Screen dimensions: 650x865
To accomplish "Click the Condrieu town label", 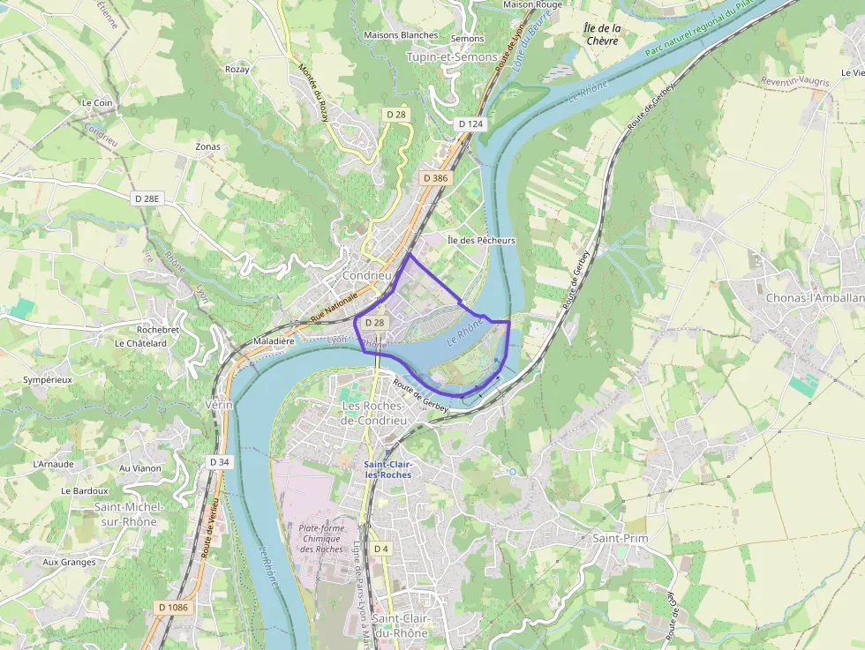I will (365, 275).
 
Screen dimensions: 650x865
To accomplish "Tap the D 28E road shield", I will (147, 198).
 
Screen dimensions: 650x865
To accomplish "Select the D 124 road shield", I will (471, 124).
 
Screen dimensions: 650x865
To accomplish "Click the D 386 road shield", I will (435, 178).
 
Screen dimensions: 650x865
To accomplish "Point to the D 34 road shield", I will (220, 462).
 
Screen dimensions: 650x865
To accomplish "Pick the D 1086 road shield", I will (173, 608).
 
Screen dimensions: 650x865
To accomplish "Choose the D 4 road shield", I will (380, 549).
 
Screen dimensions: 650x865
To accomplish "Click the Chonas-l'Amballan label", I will (815, 298).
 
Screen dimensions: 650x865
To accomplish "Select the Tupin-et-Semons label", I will (452, 56).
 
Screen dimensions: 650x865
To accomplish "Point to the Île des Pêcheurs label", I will (481, 240).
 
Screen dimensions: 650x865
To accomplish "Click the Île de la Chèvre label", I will (604, 34).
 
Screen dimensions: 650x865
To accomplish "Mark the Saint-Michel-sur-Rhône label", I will (125, 514).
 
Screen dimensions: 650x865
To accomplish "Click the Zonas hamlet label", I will (207, 146).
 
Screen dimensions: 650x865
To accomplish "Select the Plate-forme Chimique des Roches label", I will (321, 538).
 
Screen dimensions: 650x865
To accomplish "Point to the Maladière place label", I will (274, 340).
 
